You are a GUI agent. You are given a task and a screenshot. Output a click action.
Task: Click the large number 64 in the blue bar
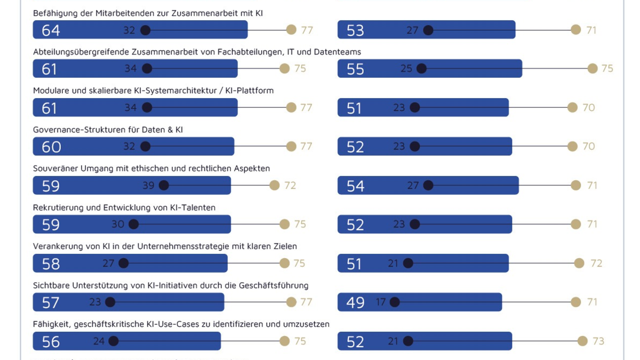point(51,30)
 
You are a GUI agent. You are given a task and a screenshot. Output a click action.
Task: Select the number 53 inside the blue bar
point(355,30)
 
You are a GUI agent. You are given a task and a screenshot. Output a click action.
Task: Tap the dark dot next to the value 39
point(164,186)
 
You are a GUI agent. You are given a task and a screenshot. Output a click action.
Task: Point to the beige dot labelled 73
point(582,341)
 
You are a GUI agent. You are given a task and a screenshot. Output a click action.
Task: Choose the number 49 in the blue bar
point(355,302)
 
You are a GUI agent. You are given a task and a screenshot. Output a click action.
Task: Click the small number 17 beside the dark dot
point(380,302)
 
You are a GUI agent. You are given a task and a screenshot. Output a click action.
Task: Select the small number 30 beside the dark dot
point(117,225)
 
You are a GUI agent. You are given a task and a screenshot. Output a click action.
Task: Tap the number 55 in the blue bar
point(355,69)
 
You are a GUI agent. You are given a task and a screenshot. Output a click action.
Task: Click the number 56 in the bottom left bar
point(51,341)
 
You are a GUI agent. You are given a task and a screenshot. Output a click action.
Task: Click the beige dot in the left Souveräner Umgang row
point(274,186)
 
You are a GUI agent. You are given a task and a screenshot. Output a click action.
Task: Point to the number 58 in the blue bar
point(51,263)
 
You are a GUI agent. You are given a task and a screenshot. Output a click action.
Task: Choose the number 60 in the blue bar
point(51,147)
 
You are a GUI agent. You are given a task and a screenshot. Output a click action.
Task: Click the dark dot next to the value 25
point(421,69)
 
